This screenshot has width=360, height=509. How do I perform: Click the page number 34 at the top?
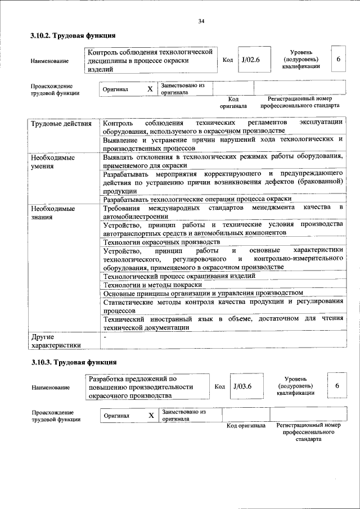click(x=201, y=22)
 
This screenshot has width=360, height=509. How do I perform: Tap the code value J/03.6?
click(x=241, y=386)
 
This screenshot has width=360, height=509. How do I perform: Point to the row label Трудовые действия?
click(x=61, y=123)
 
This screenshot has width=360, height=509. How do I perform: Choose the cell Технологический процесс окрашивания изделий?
click(x=179, y=276)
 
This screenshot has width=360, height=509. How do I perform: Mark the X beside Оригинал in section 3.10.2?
click(x=150, y=89)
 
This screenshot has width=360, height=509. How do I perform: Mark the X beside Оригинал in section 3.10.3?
click(x=151, y=415)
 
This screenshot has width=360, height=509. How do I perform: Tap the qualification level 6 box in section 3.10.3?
click(x=337, y=386)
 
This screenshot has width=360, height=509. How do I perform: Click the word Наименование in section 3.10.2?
click(x=51, y=61)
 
